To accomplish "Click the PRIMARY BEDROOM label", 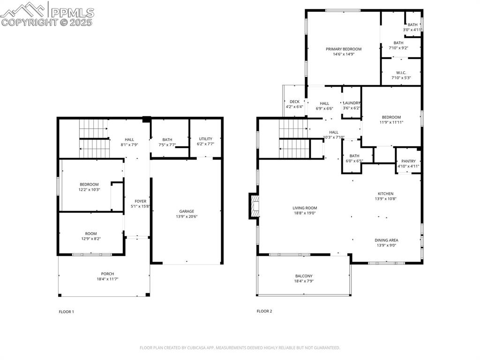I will pyautogui.click(x=344, y=49).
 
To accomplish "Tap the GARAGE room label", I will pyautogui.click(x=186, y=211).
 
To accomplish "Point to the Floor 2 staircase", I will pyautogui.click(x=294, y=139).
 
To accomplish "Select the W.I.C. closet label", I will pyautogui.click(x=401, y=73).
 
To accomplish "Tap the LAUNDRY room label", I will pyautogui.click(x=352, y=103).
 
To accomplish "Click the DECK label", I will pyautogui.click(x=294, y=101).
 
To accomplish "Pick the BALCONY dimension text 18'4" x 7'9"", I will pyautogui.click(x=304, y=281).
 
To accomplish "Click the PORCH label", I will pyautogui.click(x=107, y=274).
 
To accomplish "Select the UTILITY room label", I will pyautogui.click(x=205, y=139).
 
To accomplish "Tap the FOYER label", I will pyautogui.click(x=141, y=201).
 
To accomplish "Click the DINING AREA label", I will pyautogui.click(x=386, y=240).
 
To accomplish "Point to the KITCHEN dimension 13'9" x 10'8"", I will pyautogui.click(x=386, y=199).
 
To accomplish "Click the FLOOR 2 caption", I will pyautogui.click(x=264, y=311).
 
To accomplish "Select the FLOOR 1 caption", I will pyautogui.click(x=66, y=311).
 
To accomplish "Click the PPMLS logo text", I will pyautogui.click(x=72, y=12).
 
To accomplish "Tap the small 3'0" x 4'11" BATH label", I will pyautogui.click(x=412, y=30).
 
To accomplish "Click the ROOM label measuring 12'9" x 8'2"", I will pyautogui.click(x=91, y=233).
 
